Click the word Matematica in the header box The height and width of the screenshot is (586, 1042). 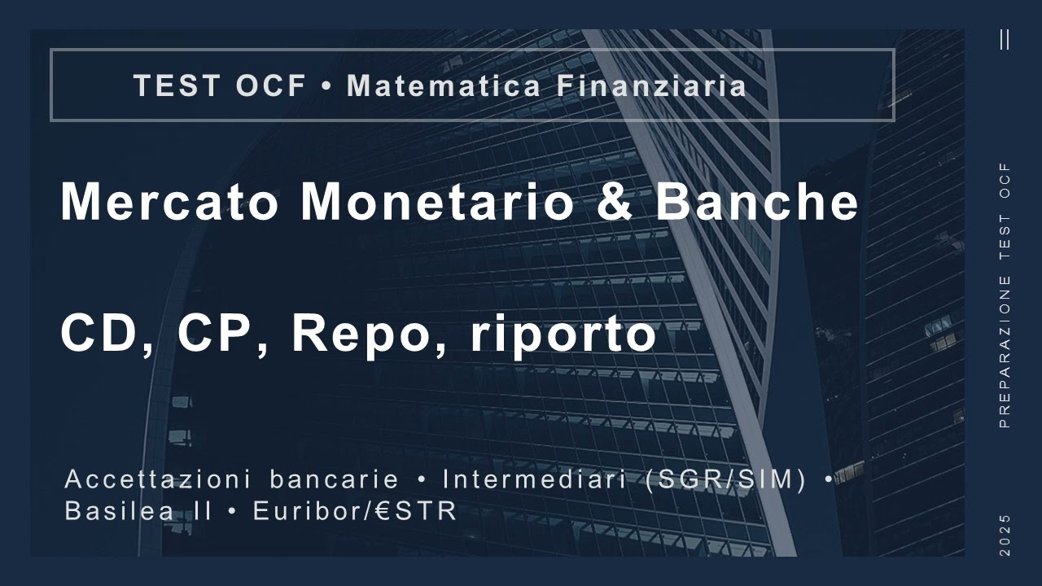[x=444, y=85]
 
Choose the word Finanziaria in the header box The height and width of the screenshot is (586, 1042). [x=652, y=85]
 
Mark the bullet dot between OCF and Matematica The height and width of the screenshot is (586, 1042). [x=326, y=86]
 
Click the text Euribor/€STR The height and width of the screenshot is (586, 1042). [x=355, y=512]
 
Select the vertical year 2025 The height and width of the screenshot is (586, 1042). [x=1005, y=535]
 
